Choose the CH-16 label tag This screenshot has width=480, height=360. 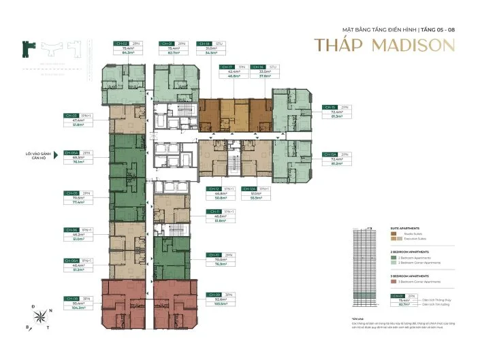(x=257, y=67)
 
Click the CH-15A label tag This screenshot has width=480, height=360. (x=331, y=154)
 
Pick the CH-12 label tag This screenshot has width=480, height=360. (x=214, y=189)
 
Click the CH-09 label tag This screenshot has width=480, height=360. (x=214, y=294)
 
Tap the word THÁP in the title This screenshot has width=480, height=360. (x=335, y=46)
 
